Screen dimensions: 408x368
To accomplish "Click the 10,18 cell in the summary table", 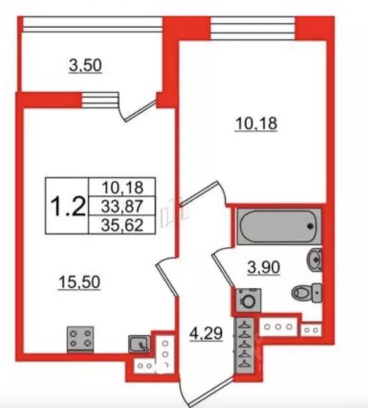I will click(122, 187).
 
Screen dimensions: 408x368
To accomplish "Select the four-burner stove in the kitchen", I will click(80, 339).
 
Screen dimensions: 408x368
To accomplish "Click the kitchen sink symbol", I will click(140, 345).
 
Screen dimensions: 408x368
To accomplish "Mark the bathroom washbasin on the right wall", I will click(315, 260).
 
